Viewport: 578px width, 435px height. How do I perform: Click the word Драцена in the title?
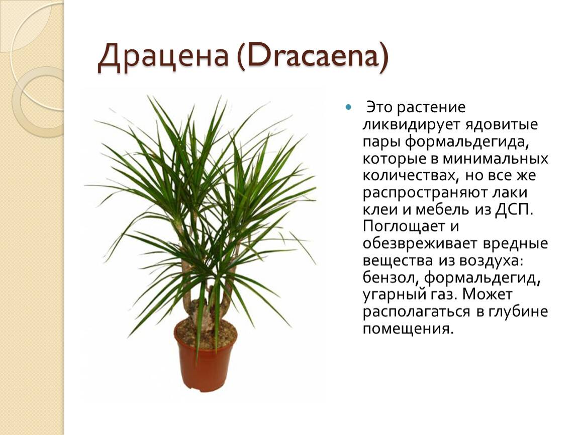tap(163, 56)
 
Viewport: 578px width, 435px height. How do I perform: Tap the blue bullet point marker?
tap(348, 107)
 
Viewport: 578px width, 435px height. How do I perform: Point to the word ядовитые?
tap(501, 124)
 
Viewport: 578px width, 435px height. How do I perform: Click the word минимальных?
tap(496, 159)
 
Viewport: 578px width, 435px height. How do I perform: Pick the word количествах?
tap(409, 176)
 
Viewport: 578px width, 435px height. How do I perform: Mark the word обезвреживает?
tap(420, 244)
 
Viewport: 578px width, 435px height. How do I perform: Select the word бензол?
tap(391, 277)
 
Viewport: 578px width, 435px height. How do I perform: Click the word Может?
tap(488, 295)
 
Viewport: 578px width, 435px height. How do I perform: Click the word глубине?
tap(518, 311)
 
